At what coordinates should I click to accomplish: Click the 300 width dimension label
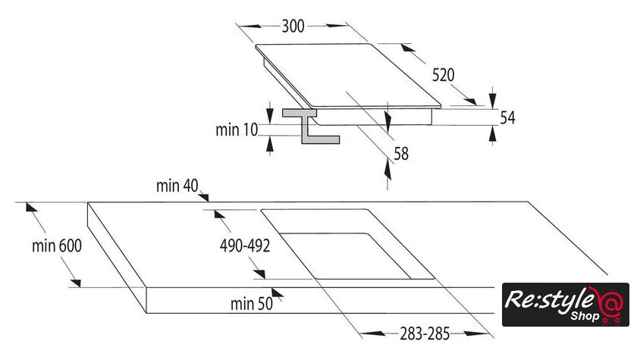(293, 26)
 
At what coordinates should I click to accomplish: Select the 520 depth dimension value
(443, 75)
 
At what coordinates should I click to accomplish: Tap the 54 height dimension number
(507, 117)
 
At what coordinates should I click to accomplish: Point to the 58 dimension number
(401, 154)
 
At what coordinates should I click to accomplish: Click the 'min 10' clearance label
(237, 130)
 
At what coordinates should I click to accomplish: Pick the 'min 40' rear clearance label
(177, 186)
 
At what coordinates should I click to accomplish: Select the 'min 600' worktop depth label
(57, 246)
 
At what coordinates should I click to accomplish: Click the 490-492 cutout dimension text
(245, 246)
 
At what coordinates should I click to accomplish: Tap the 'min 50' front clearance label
(252, 304)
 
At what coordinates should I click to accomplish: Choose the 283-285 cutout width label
(425, 334)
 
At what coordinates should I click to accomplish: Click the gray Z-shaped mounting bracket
(311, 126)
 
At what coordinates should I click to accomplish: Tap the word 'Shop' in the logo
(585, 316)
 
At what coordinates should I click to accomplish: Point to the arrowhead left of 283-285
(372, 333)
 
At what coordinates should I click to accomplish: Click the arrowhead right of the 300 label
(337, 26)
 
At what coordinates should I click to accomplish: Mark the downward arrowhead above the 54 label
(493, 100)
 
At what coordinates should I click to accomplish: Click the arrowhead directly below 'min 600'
(75, 283)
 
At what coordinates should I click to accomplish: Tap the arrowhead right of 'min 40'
(204, 197)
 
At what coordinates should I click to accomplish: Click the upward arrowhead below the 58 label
(388, 170)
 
